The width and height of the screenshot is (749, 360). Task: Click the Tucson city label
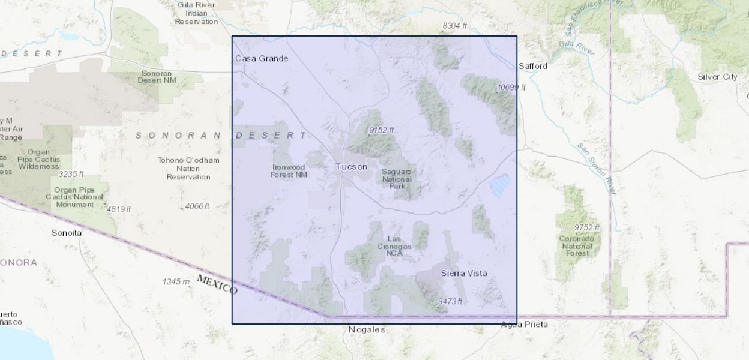[351, 167]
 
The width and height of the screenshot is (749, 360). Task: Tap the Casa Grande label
[261, 58]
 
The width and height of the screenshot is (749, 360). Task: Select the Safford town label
[533, 66]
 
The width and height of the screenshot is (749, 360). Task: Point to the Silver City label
[717, 77]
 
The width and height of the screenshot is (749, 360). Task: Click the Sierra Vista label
[463, 274]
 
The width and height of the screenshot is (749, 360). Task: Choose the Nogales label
[367, 329]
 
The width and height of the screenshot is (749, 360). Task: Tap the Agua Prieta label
[525, 325]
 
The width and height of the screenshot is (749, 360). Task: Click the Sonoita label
[66, 232]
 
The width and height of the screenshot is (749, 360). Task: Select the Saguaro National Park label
[397, 179]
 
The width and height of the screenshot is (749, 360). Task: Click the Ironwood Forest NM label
[289, 171]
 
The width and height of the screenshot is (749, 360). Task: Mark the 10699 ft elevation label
[511, 88]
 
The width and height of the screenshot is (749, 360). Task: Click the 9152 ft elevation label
[381, 130]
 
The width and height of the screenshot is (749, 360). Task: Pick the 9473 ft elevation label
[450, 301]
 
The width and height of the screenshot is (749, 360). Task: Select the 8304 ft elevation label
[454, 26]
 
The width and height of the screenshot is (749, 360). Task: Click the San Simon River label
[597, 169]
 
